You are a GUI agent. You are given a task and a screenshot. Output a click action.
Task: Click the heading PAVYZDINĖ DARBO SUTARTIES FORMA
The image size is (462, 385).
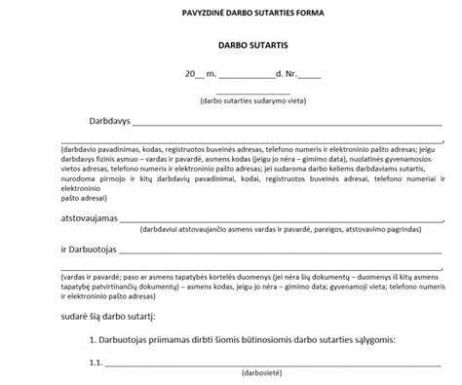[230, 11]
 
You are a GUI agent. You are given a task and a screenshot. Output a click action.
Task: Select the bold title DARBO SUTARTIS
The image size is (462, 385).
[231, 45]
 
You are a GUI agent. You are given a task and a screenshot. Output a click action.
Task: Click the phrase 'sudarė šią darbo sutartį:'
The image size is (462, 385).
[100, 317]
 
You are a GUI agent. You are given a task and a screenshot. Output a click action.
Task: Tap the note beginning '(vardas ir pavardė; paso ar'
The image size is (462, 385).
[234, 277]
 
